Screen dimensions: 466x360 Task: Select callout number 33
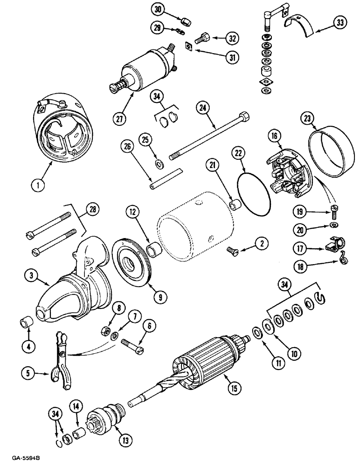[340, 22]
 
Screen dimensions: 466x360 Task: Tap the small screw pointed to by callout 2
[233, 252]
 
